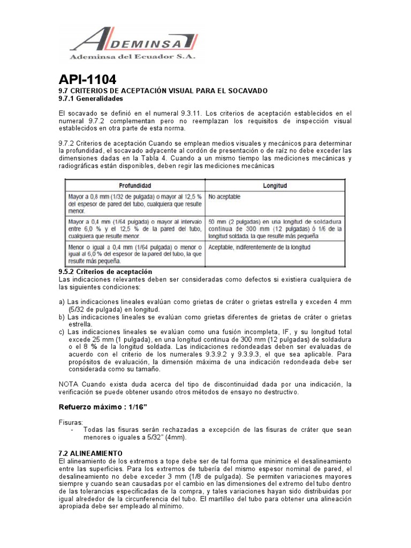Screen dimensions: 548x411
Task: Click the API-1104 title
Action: [87, 80]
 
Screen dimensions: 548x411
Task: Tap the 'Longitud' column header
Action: [275, 186]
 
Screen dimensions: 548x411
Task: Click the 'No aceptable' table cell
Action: [225, 197]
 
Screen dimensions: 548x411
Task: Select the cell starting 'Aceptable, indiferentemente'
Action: [260, 248]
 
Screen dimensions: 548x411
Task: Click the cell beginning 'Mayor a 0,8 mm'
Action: [134, 203]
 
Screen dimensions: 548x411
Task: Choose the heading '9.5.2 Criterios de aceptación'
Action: [105, 272]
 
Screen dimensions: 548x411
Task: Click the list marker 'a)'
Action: [62, 302]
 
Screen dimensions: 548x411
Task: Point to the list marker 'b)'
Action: [62, 317]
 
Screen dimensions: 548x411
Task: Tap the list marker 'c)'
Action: [62, 332]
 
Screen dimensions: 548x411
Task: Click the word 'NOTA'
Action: [68, 384]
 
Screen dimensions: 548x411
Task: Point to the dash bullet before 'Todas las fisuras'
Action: [72, 430]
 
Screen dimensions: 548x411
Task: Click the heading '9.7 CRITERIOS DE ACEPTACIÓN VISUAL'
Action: [163, 92]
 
